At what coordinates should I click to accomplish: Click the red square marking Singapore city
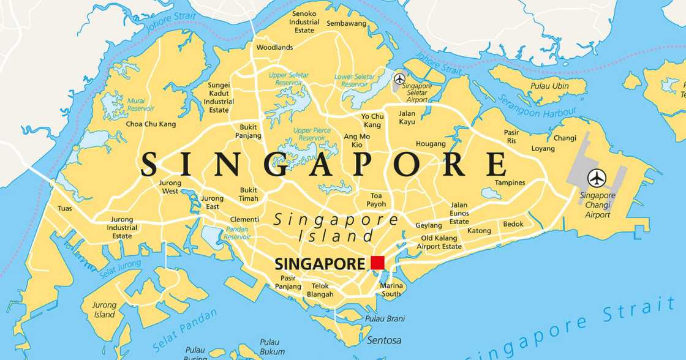[x=377, y=263]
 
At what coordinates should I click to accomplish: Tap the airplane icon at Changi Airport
[x=597, y=178]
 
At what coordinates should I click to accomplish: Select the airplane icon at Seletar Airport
[x=400, y=79]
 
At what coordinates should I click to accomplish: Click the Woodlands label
[x=274, y=47]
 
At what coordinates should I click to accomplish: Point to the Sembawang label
[x=346, y=23]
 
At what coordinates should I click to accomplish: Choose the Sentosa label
[x=384, y=340]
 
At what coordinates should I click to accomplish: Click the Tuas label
[x=64, y=208]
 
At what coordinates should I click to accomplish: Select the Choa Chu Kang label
[x=151, y=124]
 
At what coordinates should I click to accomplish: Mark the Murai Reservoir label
[x=140, y=104]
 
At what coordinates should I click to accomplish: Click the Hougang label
[x=431, y=144]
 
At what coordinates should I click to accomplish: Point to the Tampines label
[x=510, y=182]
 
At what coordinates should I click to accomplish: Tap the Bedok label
[x=513, y=224]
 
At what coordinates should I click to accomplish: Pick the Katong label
[x=479, y=231]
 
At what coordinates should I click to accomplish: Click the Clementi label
[x=244, y=219]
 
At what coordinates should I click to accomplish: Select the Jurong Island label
[x=104, y=310]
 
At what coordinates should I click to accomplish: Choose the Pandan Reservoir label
[x=237, y=233]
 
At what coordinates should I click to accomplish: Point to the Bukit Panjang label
[x=248, y=132]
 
